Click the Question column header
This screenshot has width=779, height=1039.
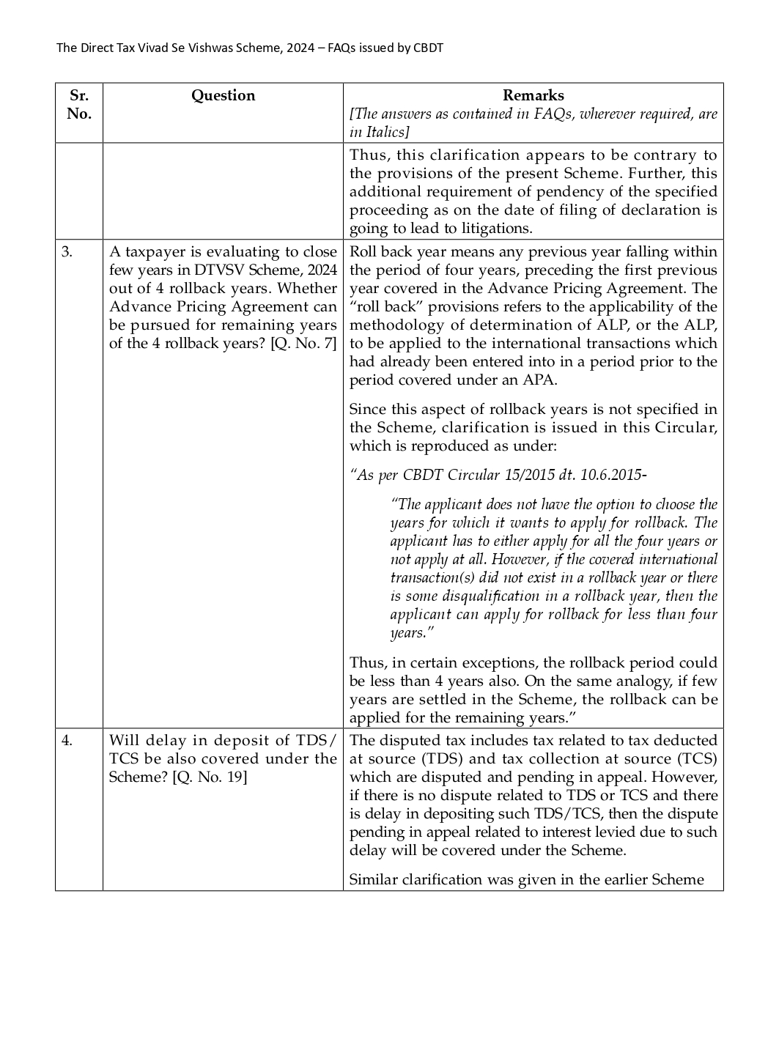click(223, 95)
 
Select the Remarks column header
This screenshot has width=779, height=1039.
click(533, 95)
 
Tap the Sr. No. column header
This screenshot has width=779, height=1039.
click(78, 104)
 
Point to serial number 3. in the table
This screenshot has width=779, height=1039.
click(67, 251)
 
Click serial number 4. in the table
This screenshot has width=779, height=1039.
click(67, 740)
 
